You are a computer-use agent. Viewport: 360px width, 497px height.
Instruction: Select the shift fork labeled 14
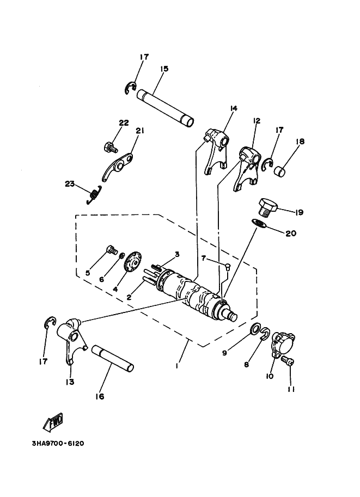[217, 151]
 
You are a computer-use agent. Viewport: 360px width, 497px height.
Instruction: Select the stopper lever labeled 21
[119, 169]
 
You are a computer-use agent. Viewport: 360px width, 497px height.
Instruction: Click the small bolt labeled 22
[111, 146]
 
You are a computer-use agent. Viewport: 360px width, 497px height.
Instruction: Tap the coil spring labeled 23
[95, 194]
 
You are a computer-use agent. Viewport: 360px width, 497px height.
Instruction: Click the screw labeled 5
[112, 250]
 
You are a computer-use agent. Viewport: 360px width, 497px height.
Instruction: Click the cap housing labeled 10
[283, 344]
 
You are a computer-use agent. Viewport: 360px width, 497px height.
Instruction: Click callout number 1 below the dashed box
[178, 367]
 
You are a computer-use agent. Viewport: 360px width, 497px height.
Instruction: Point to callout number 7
[203, 257]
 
